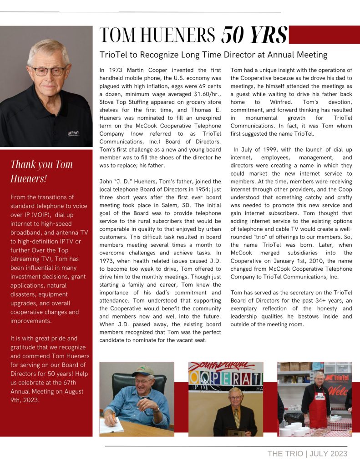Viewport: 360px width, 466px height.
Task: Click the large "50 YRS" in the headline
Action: click(x=254, y=35)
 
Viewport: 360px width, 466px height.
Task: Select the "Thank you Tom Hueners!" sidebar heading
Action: click(x=41, y=171)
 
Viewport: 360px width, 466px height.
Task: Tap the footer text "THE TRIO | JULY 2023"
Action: click(x=307, y=453)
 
